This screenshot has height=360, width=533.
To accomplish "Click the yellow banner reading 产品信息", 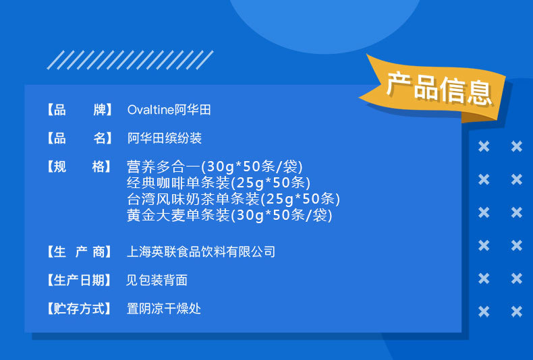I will point(437,88).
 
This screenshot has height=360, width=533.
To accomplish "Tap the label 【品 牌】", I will point(78,110).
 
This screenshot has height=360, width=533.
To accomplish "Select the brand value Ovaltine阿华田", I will point(169,110).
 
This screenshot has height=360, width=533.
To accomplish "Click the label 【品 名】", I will point(78,139).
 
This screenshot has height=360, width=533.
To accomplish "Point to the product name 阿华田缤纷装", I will point(164,139).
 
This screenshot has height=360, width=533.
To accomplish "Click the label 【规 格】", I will point(78,167).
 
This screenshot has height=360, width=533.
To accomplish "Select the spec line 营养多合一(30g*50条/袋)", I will point(215,167).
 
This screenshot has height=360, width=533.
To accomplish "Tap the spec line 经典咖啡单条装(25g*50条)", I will point(218,183).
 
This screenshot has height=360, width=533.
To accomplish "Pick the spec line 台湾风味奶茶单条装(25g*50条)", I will point(233,199).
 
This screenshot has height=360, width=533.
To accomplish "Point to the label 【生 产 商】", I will point(78,252).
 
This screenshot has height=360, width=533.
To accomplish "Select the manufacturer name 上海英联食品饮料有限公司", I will point(201,252).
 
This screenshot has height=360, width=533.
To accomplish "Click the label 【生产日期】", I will point(78,280).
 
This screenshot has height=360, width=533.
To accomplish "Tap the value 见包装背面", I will point(157,280).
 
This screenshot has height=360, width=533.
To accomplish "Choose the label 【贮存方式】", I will point(78,309).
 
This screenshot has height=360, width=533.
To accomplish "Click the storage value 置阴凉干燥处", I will point(164,309).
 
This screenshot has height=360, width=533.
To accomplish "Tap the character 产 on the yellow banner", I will point(398,84).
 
